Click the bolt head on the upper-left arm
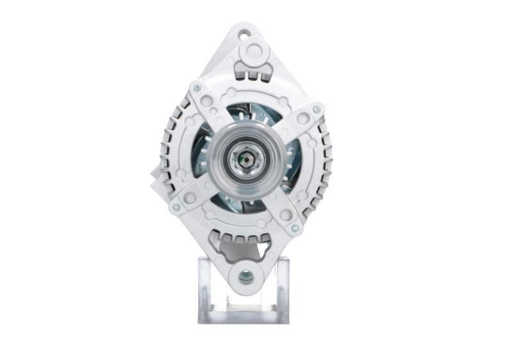point(196,88)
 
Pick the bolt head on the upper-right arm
point(315,110)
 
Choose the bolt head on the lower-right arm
point(294,228)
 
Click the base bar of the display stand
point(244,316)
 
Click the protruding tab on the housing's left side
point(156,181)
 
